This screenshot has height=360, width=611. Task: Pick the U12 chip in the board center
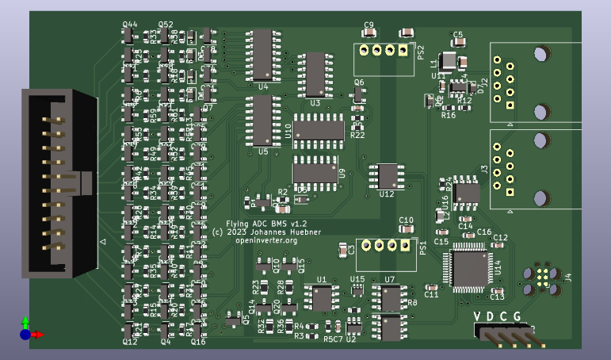pos(388,175)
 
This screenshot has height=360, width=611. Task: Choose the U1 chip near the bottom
pos(322,298)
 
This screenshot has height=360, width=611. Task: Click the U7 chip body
pos(391,298)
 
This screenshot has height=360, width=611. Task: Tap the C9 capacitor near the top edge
pos(369,33)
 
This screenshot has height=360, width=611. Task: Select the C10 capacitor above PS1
pos(406,228)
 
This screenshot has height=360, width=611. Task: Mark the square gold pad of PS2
pos(403,52)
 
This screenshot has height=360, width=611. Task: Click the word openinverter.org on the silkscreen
pos(261,240)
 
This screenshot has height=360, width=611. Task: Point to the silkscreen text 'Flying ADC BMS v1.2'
pos(266,224)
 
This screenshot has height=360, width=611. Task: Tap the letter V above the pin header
pos(478,318)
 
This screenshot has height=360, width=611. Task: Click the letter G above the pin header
pos(517,318)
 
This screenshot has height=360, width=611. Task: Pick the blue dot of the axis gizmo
pos(25,335)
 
